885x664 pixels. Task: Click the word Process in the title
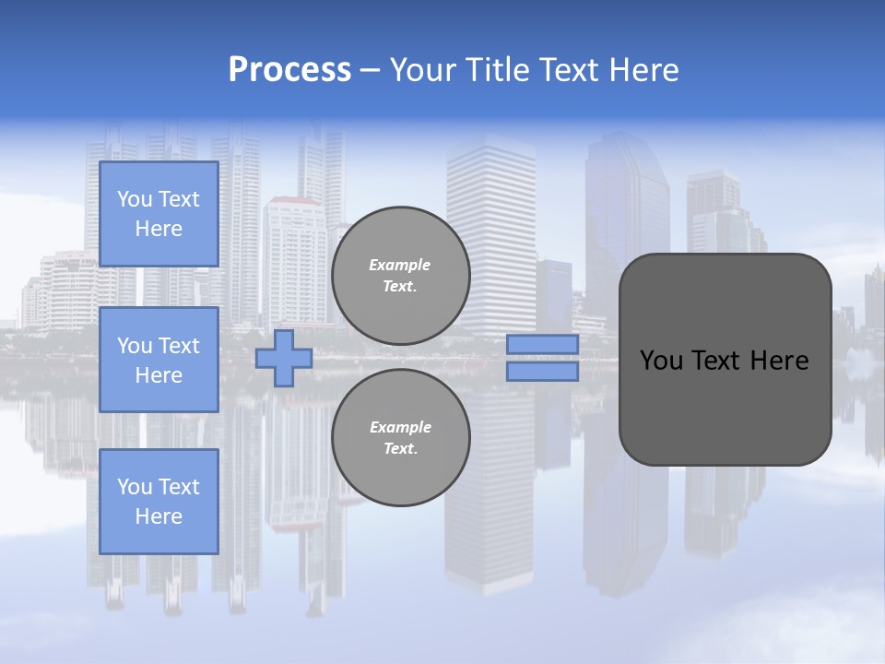289,70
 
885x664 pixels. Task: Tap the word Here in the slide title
643,70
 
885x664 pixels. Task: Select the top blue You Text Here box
159,214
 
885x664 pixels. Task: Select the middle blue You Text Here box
159,360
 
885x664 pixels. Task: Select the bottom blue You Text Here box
159,501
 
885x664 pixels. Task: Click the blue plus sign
284,358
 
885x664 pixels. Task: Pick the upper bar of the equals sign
542,344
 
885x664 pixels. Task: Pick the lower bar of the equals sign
542,372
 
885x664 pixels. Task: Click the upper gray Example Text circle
400,275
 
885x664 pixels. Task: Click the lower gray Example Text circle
400,437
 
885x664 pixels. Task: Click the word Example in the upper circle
400,265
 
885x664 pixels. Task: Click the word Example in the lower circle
400,427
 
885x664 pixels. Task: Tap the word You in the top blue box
135,199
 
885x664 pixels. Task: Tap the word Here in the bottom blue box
159,516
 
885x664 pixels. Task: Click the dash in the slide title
371,70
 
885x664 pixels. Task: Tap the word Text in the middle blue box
179,346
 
